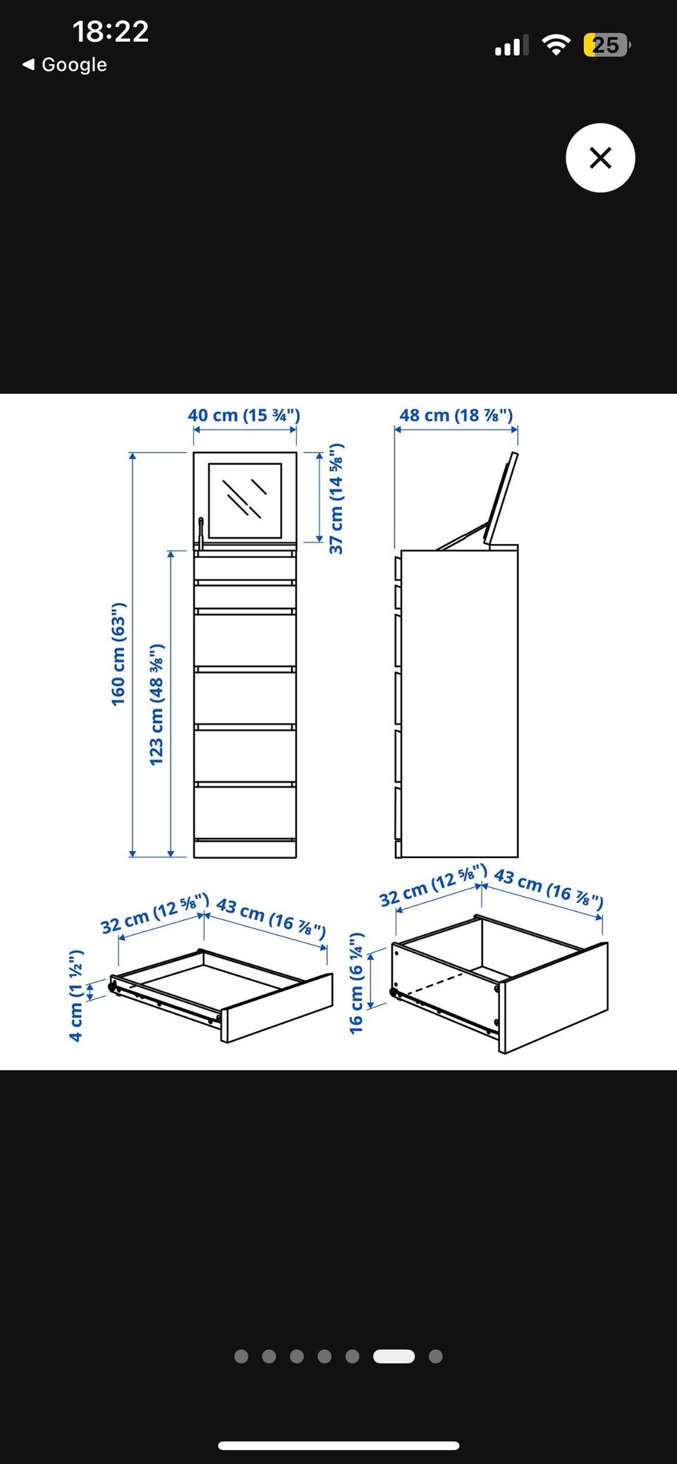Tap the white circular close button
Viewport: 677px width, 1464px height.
tap(600, 158)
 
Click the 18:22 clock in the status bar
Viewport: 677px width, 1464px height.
tap(111, 32)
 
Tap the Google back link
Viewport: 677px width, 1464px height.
tap(65, 65)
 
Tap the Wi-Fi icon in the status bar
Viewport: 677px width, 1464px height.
tap(556, 46)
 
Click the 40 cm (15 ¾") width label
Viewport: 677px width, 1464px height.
tap(244, 415)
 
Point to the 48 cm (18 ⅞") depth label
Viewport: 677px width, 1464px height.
tap(456, 415)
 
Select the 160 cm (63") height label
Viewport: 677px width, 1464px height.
tap(118, 654)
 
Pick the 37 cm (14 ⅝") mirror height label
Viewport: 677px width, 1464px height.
tap(336, 498)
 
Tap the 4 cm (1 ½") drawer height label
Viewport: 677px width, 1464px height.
tap(76, 995)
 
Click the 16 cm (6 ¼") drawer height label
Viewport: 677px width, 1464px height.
tap(356, 983)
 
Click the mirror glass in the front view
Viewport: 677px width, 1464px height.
tap(245, 500)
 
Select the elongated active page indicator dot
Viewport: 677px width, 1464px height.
tap(394, 1356)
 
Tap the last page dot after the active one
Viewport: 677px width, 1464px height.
tap(436, 1356)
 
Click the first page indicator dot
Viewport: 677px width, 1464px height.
tap(241, 1356)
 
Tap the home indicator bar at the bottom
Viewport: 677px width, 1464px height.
tap(338, 1440)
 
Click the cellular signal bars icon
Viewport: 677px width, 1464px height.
tap(511, 46)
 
